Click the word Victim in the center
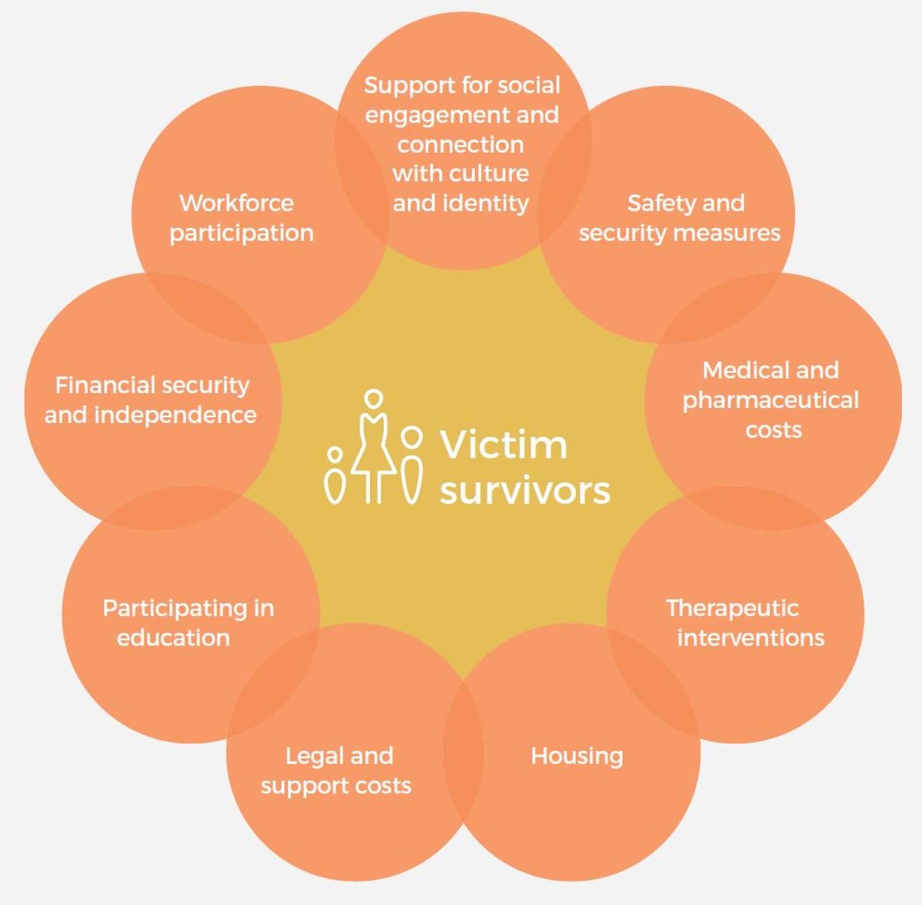[x=504, y=445]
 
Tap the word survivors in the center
[x=525, y=491]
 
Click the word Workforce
[x=237, y=203]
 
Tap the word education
[x=173, y=638]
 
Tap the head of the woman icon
[x=374, y=399]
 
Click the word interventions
[x=751, y=638]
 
